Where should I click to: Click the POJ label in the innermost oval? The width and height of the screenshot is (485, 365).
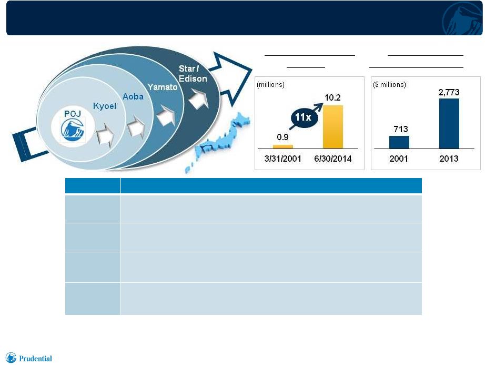73,114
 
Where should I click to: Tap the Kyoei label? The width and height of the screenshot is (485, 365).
105,106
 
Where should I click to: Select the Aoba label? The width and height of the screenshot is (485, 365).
133,96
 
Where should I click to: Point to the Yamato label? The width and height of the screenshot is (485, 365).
163,87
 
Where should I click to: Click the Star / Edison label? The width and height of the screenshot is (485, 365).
193,74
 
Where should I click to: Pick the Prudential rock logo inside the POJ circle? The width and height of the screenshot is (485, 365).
73,130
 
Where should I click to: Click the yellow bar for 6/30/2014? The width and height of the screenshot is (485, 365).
333,127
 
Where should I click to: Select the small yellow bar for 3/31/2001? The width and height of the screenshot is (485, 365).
282,147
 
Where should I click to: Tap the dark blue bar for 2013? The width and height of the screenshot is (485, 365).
449,124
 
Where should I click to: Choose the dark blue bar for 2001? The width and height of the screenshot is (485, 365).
399,142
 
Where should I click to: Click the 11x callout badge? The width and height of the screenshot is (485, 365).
303,117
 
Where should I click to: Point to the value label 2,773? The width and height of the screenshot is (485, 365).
449,92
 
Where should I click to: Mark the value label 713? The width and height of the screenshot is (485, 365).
400,129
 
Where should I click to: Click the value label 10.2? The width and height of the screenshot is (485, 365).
332,98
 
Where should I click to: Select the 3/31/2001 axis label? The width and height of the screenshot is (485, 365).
282,159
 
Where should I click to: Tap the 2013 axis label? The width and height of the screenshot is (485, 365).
449,159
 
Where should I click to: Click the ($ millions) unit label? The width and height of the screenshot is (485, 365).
389,84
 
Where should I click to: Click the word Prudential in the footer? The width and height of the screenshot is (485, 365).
36,359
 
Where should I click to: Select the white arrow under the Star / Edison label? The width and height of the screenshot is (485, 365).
198,99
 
